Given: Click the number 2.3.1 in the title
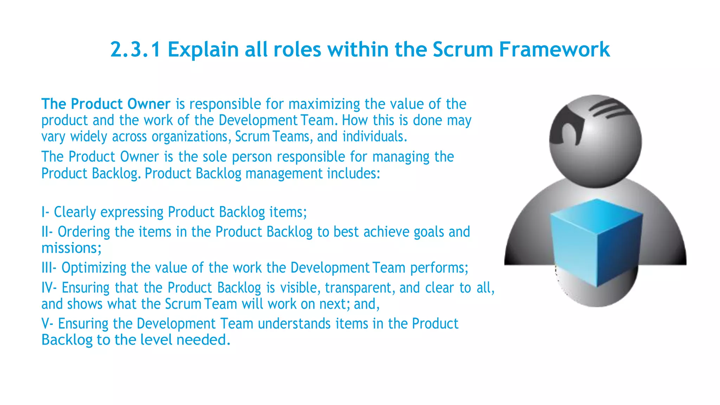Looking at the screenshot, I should [x=135, y=49].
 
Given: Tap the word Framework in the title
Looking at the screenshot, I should [x=554, y=49].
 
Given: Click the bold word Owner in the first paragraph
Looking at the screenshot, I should [x=149, y=104].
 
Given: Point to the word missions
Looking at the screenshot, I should [x=71, y=248].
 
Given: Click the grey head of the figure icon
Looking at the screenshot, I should [x=595, y=141].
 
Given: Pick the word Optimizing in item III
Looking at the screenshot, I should [x=94, y=268].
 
